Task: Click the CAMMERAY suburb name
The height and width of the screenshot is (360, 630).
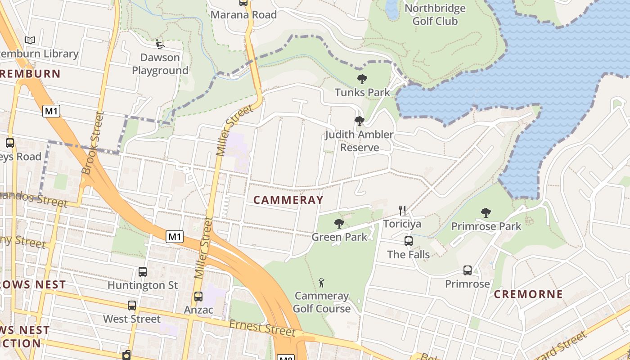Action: (288, 200)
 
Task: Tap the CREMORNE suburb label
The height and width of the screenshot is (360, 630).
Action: (528, 294)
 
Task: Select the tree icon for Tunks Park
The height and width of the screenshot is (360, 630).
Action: (362, 80)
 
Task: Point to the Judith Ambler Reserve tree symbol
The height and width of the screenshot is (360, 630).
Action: (359, 121)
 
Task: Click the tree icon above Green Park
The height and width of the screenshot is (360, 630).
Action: (339, 223)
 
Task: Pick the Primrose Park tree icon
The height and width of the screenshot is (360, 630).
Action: (486, 213)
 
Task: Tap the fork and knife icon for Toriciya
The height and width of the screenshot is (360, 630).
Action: (402, 210)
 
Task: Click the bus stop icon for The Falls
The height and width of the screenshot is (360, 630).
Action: (409, 241)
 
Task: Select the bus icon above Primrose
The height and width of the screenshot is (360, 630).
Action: (468, 270)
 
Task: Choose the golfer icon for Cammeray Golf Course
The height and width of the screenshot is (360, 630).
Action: (321, 283)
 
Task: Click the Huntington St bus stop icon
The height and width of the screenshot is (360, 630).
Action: (143, 272)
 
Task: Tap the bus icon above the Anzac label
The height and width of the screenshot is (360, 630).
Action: (198, 297)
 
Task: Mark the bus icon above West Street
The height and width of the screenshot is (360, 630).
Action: (132, 306)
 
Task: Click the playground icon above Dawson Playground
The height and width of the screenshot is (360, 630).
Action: (160, 44)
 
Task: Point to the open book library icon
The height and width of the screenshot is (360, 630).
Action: (30, 40)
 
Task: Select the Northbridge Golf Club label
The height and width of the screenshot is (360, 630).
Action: (435, 15)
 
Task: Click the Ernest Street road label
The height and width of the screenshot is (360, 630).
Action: (262, 328)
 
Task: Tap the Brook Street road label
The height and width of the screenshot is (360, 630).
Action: (93, 143)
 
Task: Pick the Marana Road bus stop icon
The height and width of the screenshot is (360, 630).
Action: (243, 3)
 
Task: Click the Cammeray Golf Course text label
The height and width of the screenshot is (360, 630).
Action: (322, 302)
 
